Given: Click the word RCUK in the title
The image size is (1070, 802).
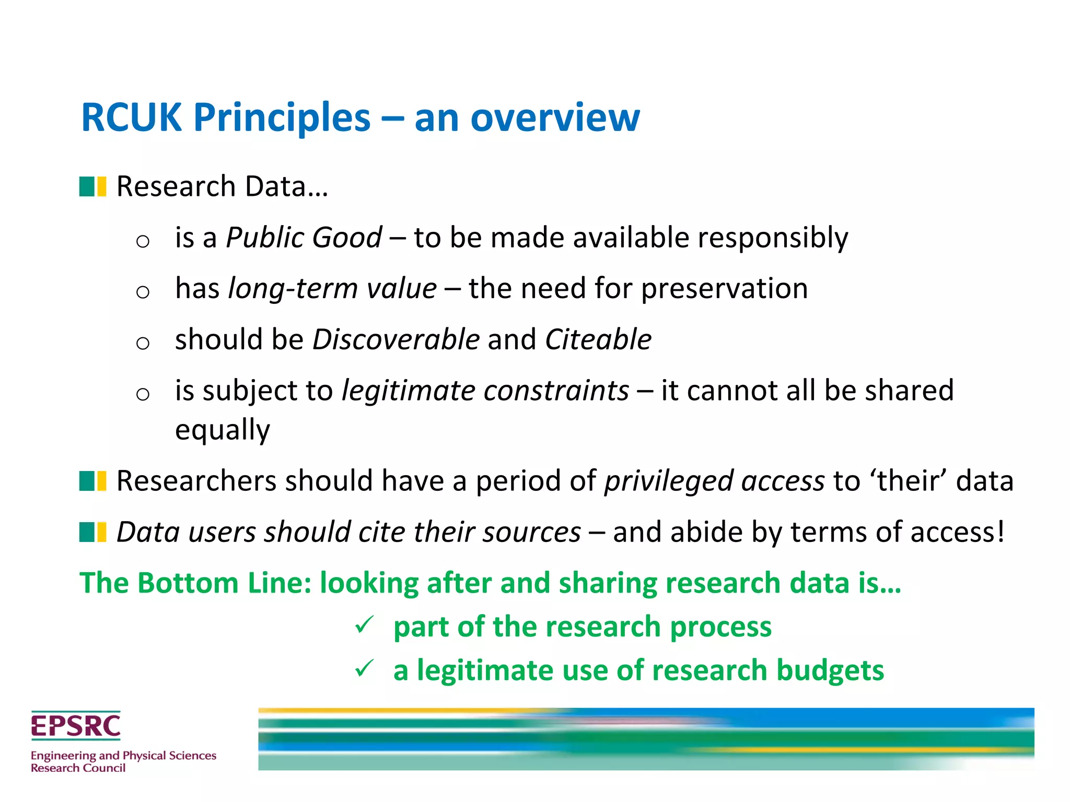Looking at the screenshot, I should [132, 117].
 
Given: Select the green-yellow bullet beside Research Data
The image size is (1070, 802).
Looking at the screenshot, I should [92, 186].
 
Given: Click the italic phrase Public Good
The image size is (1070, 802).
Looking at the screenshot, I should [304, 238].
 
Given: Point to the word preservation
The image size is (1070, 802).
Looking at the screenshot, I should [724, 288].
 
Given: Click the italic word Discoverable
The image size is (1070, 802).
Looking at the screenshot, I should [396, 339].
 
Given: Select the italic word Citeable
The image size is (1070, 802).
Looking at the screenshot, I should [598, 339].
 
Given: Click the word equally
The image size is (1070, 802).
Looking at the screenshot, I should [223, 430].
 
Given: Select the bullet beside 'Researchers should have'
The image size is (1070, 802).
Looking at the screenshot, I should [92, 481].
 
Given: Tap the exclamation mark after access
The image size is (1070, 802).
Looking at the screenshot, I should [1001, 532].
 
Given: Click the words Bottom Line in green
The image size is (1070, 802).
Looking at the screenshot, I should [225, 583].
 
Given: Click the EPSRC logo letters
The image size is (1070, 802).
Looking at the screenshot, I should [76, 726].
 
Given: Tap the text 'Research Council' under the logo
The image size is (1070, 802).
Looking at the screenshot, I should [78, 768].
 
